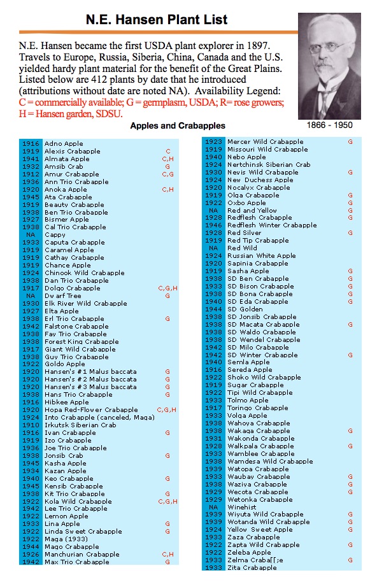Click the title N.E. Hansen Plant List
[x=157, y=19]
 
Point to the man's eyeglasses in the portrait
[x=333, y=48]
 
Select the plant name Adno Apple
[x=64, y=144]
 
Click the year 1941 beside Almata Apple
[x=31, y=159]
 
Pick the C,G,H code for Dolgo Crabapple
[x=167, y=288]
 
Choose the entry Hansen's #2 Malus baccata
[x=90, y=380]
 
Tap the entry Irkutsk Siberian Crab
[x=80, y=425]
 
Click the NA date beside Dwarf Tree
[x=31, y=296]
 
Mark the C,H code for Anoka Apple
[x=167, y=190]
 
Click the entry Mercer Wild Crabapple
[x=266, y=142]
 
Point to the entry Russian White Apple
[x=262, y=256]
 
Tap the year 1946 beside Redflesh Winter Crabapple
[x=213, y=225]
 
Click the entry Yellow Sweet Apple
[x=260, y=530]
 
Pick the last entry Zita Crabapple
[x=252, y=568]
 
